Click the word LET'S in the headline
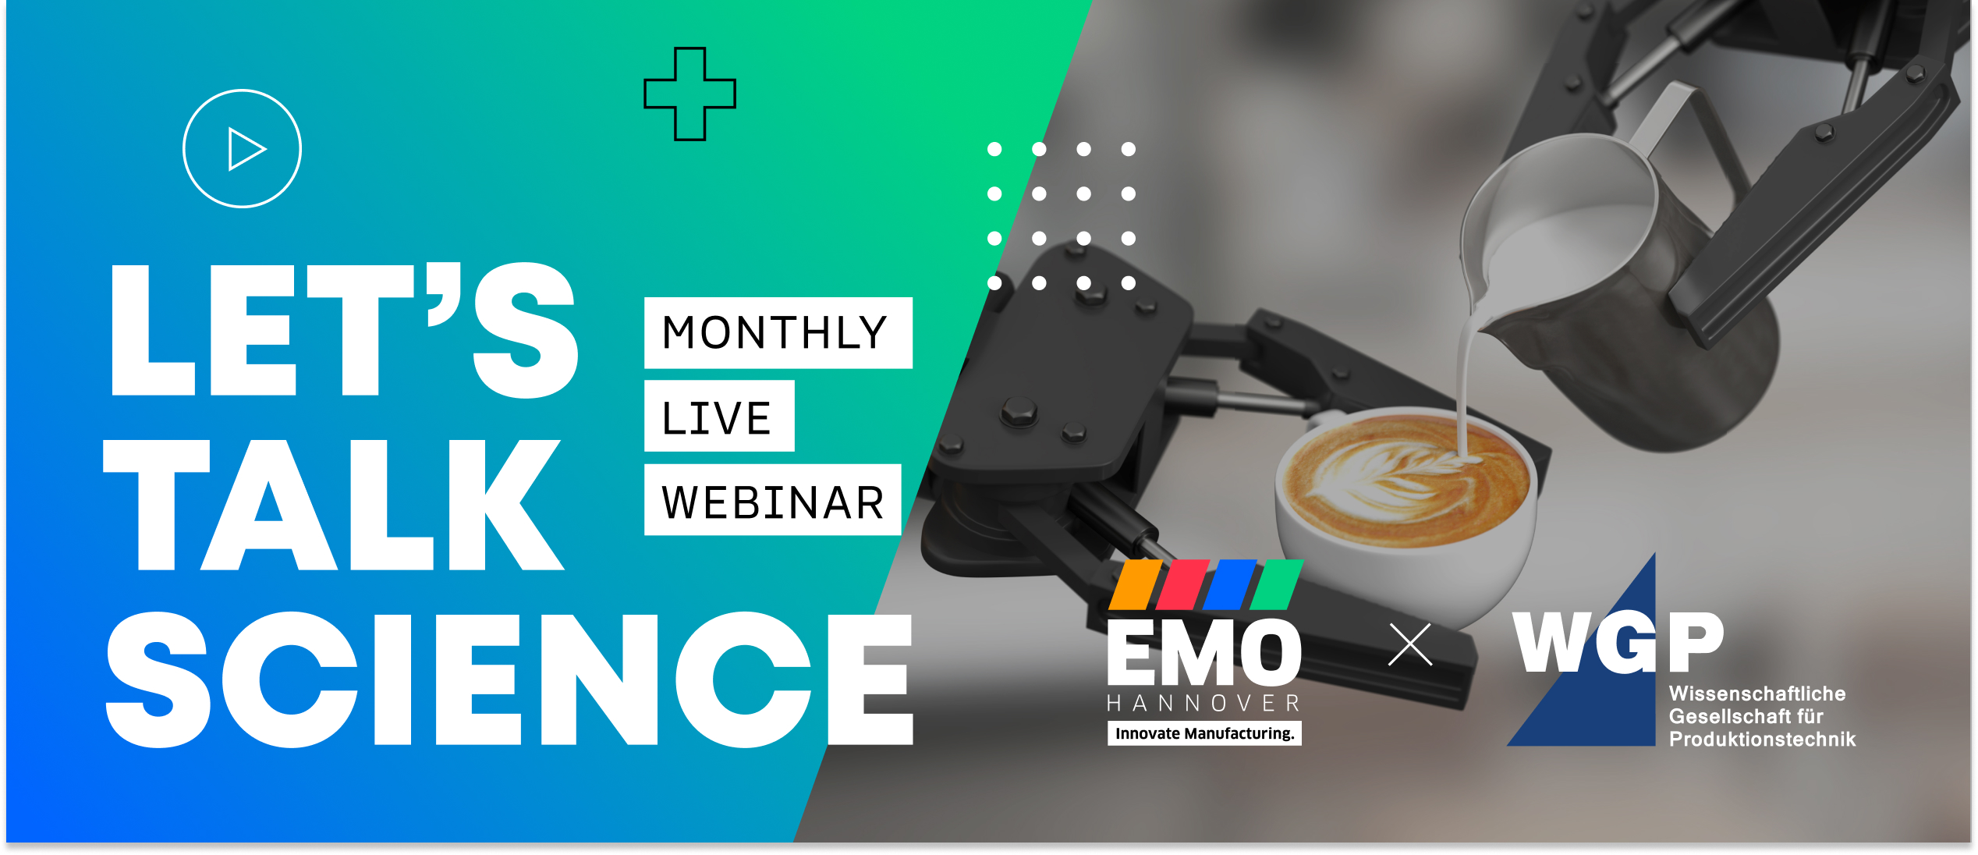pyautogui.click(x=344, y=329)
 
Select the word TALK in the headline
pyautogui.click(x=333, y=505)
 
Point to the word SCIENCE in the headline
pyautogui.click(x=509, y=679)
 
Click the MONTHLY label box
pyautogui.click(x=778, y=332)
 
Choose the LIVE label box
pyautogui.click(x=719, y=416)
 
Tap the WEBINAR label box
pyautogui.click(x=772, y=500)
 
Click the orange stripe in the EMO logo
pyautogui.click(x=1136, y=584)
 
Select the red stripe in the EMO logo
pyautogui.click(x=1182, y=584)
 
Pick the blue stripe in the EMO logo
pyautogui.click(x=1230, y=584)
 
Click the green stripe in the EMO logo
pyautogui.click(x=1277, y=584)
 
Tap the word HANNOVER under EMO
pyautogui.click(x=1204, y=704)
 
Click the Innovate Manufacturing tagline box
pyautogui.click(x=1204, y=733)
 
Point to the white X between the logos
pyautogui.click(x=1410, y=644)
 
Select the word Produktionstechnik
pyautogui.click(x=1762, y=740)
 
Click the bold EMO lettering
pyautogui.click(x=1204, y=652)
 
